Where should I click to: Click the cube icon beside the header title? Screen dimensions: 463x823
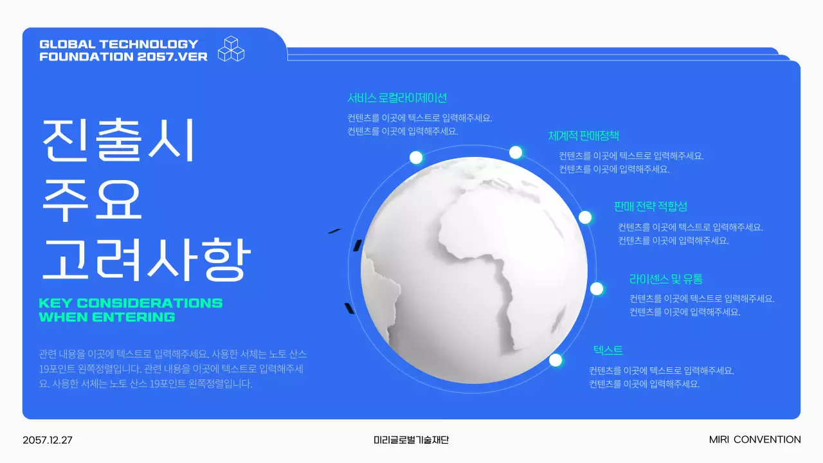pyautogui.click(x=231, y=49)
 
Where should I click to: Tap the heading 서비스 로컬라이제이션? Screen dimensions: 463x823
pyautogui.click(x=397, y=98)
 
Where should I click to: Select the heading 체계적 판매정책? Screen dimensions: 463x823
pyautogui.click(x=583, y=136)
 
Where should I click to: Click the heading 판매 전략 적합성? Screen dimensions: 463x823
pyautogui.click(x=650, y=206)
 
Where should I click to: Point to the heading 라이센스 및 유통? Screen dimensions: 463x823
pyautogui.click(x=665, y=279)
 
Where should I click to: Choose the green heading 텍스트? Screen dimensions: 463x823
pyautogui.click(x=608, y=350)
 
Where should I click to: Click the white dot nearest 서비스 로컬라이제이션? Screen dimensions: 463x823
pyautogui.click(x=416, y=158)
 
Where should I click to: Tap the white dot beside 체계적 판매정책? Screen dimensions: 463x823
pyautogui.click(x=516, y=152)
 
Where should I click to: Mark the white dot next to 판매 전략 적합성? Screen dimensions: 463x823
pyautogui.click(x=585, y=217)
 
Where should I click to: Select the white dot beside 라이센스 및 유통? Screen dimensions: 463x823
pyautogui.click(x=597, y=289)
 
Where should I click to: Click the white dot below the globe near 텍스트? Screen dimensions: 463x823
pyautogui.click(x=556, y=360)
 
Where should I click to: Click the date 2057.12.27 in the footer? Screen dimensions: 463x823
pyautogui.click(x=48, y=440)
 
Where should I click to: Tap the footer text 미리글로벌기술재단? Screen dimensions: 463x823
pyautogui.click(x=411, y=440)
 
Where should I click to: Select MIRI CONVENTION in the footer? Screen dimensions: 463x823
pyautogui.click(x=755, y=440)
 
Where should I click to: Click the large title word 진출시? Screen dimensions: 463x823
pyautogui.click(x=118, y=140)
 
